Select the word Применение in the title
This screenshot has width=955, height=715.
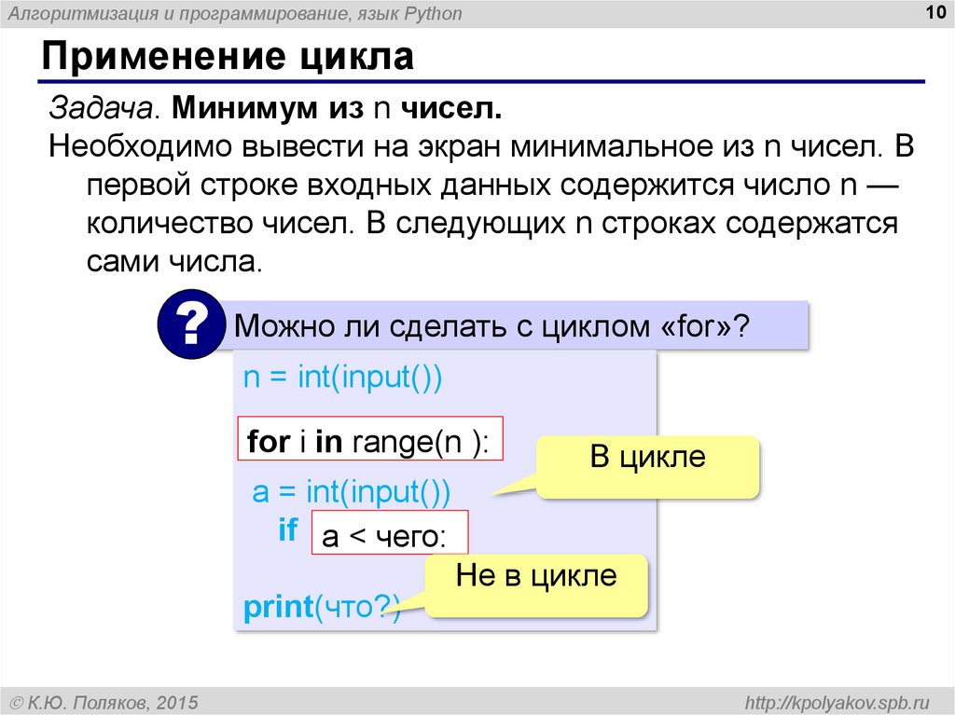click(x=159, y=58)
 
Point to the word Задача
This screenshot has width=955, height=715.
click(x=103, y=110)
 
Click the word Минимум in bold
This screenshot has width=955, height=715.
click(x=247, y=110)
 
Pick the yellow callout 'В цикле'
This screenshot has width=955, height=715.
click(x=647, y=458)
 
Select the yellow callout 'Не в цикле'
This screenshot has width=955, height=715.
click(x=536, y=575)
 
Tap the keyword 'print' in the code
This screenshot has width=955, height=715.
click(x=277, y=608)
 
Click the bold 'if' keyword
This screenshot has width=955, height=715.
click(x=288, y=531)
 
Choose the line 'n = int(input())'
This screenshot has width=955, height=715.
click(x=341, y=378)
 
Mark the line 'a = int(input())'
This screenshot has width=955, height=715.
click(x=351, y=491)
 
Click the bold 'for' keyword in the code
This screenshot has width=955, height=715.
click(x=269, y=441)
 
